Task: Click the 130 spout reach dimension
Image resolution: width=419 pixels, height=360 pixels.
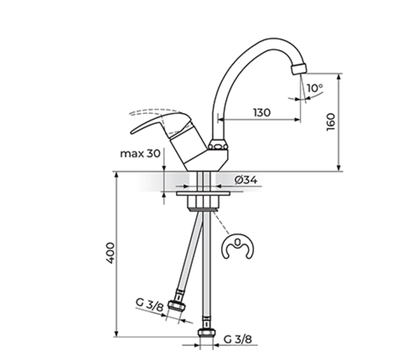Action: click(x=262, y=112)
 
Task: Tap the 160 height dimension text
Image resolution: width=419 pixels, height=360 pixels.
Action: click(x=331, y=122)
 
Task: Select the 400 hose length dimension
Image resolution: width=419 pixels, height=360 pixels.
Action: click(x=110, y=253)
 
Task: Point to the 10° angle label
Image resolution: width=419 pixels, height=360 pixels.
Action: click(x=315, y=88)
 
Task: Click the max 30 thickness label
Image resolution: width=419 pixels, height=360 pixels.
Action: click(x=140, y=154)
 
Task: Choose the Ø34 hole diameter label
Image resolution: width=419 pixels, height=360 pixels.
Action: click(x=246, y=180)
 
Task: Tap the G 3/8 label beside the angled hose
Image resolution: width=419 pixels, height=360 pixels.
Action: click(x=149, y=305)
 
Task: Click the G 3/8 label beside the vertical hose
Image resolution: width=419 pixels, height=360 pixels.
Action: click(x=238, y=339)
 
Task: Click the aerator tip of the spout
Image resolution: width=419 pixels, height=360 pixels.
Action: click(x=299, y=69)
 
